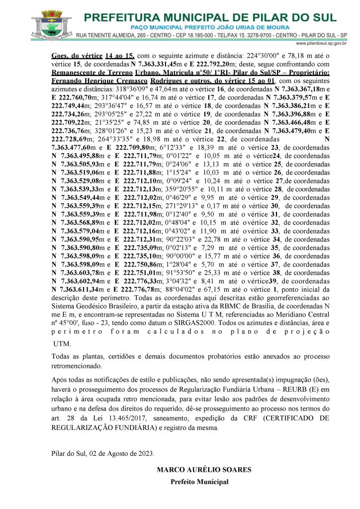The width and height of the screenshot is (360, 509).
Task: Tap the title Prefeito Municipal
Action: click(x=199, y=482)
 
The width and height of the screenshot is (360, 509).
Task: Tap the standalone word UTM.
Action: click(x=62, y=343)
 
